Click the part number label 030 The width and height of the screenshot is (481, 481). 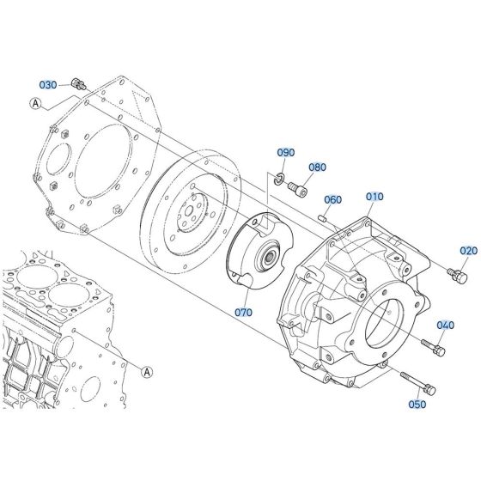48,84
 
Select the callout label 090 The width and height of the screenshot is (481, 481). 285,152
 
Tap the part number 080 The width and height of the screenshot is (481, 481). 317,167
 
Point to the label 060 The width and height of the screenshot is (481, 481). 332,199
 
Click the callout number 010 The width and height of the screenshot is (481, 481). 374,197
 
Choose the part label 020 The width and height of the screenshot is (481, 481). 466,250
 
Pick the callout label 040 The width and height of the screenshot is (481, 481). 445,325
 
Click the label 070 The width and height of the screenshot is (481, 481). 243,312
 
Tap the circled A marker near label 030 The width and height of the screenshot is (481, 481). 35,103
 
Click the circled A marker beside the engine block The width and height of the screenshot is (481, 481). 146,372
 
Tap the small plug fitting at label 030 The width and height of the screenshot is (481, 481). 79,83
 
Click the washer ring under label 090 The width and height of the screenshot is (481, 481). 280,178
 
